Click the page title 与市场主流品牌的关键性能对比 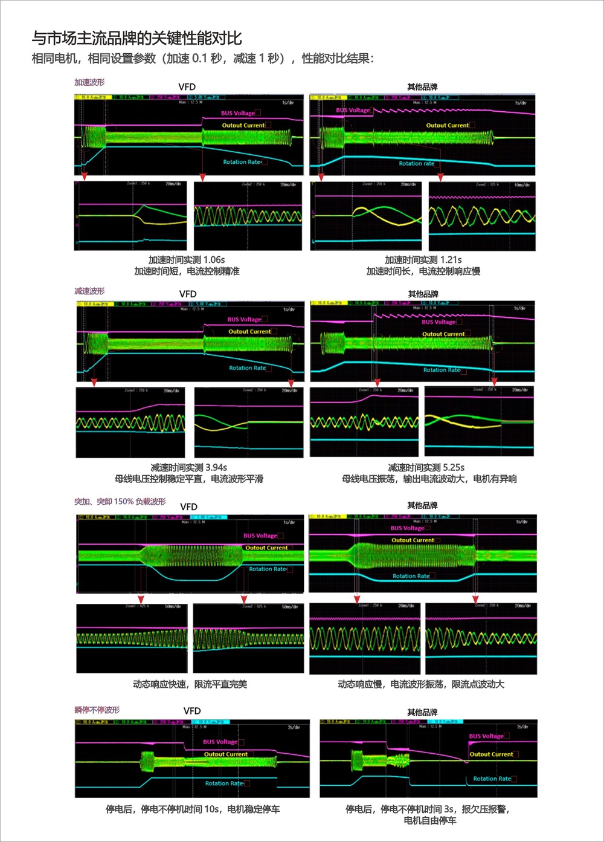coord(137,39)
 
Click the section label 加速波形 coord(89,82)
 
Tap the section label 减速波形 coord(89,291)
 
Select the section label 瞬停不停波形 coord(97,710)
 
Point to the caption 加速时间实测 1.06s coord(187,260)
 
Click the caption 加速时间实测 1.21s coord(423,260)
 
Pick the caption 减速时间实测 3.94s coord(188,467)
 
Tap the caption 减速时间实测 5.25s coord(426,467)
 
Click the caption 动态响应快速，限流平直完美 coord(190,684)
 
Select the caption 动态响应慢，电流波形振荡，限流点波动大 coord(421,684)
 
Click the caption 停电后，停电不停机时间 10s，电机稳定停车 coord(193,809)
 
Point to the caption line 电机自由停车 coord(430,820)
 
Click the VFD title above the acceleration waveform coord(187,87)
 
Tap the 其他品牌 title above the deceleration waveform coord(423,294)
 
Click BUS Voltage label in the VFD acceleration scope coord(237,113)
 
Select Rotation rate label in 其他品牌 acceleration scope coord(416,163)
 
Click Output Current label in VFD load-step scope coord(266,548)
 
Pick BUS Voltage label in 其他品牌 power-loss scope coord(486,736)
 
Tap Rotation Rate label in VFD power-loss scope coord(224,783)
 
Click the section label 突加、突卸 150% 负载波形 coord(120,502)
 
